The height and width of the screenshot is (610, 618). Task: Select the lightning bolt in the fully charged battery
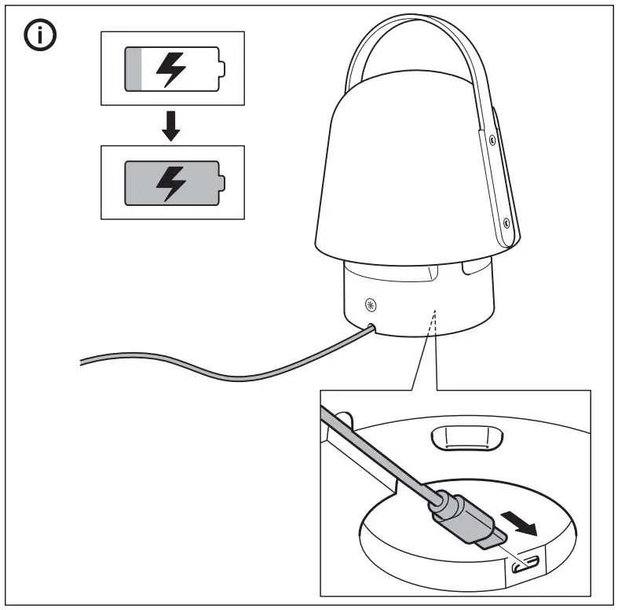pyautogui.click(x=172, y=182)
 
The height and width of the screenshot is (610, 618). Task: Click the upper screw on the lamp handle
pyautogui.click(x=492, y=139)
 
